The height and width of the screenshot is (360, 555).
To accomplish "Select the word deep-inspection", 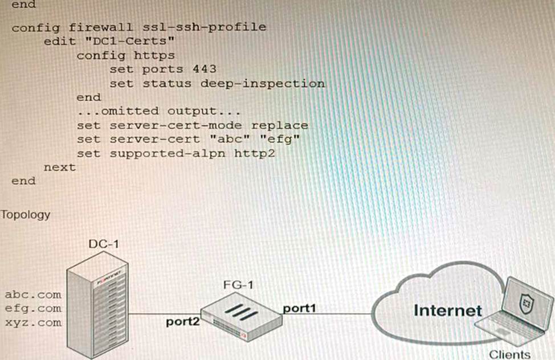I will (263, 83).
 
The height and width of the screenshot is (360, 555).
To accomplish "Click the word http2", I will (255, 153).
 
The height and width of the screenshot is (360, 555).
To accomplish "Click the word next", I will (59, 167).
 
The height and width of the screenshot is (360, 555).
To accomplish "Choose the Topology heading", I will (26, 215).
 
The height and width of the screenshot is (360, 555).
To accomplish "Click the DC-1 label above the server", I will (104, 244).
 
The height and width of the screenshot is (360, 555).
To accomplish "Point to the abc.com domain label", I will (32, 294).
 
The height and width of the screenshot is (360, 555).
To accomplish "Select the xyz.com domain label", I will (32, 322).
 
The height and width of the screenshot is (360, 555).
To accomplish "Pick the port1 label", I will (300, 308).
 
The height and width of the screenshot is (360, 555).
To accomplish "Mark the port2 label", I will (183, 321).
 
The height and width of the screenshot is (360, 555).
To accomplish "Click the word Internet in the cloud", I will (447, 310).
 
